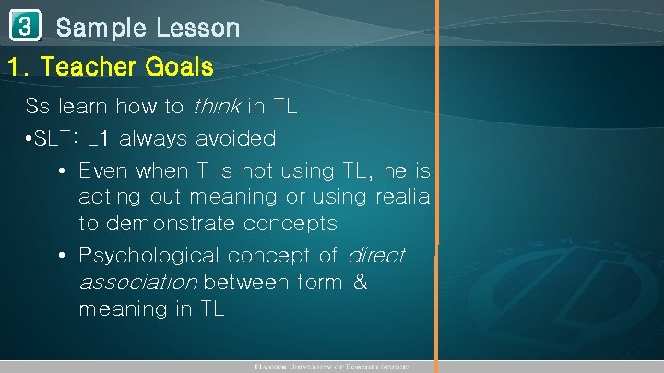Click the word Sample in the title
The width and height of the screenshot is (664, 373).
click(x=101, y=28)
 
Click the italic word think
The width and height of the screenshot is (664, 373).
click(x=217, y=107)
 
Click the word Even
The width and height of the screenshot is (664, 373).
click(x=101, y=171)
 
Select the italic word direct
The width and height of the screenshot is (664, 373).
click(x=375, y=255)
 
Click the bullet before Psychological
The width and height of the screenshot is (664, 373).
click(x=60, y=255)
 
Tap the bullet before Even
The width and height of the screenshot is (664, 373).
click(x=60, y=171)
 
